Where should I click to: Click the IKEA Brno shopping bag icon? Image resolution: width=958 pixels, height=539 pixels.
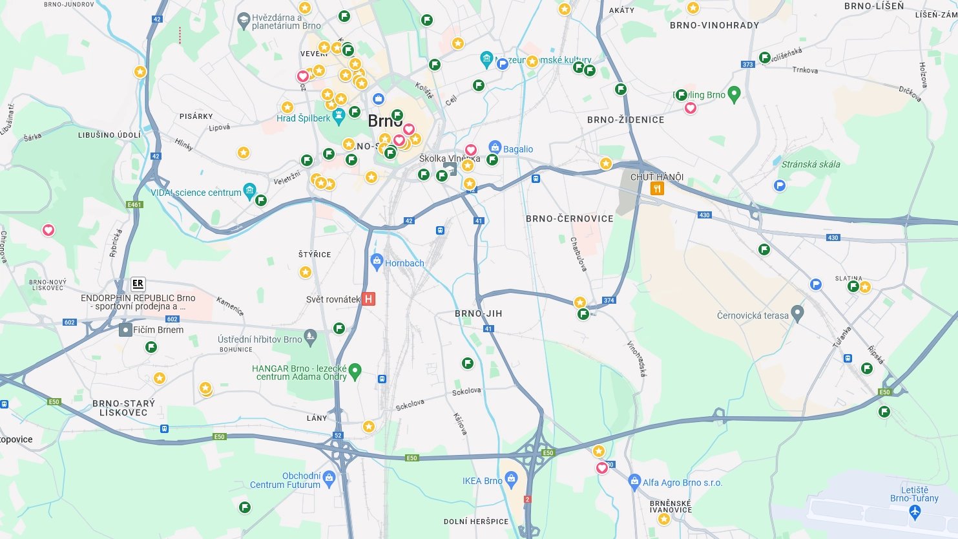tap(512, 479)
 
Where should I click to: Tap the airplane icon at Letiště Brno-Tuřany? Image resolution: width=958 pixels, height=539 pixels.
tap(914, 513)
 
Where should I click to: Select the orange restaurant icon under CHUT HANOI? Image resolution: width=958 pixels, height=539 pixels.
tap(657, 189)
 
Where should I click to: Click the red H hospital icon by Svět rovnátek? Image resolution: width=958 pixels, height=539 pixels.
tap(368, 299)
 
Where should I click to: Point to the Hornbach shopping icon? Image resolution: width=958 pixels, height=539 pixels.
tap(377, 262)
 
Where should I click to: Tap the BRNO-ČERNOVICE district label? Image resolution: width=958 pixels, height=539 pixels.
tap(569, 218)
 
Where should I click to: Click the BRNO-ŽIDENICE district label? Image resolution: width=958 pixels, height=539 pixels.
tap(625, 120)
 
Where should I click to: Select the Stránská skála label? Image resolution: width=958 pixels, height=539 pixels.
tap(811, 164)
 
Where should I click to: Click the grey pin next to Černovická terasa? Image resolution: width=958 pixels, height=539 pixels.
tap(798, 314)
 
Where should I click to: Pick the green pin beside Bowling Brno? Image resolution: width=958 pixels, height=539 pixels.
tap(733, 94)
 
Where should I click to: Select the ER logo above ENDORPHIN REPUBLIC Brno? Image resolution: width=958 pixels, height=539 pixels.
tap(138, 284)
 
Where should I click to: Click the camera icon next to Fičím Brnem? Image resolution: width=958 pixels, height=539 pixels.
tap(125, 330)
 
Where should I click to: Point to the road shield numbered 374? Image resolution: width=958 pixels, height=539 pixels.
tap(609, 301)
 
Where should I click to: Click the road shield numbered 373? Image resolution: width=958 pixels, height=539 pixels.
tap(748, 64)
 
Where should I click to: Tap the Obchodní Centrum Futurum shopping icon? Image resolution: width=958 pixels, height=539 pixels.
tap(329, 478)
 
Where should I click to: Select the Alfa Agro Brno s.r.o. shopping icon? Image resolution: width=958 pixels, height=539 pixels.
tap(634, 481)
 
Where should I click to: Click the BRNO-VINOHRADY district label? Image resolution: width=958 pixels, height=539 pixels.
tap(714, 25)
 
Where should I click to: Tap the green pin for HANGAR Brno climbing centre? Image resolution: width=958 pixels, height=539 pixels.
tap(355, 372)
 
